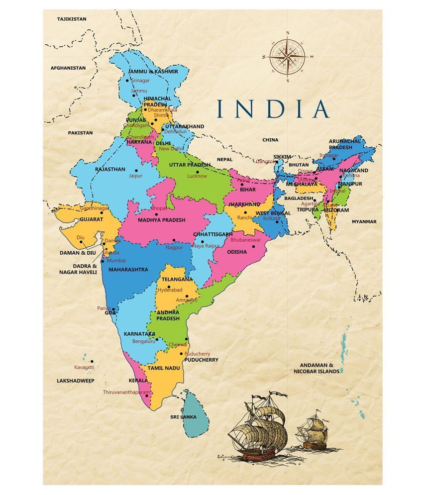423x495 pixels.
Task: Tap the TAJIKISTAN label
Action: pyautogui.click(x=72, y=19)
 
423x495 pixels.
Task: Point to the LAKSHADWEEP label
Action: pyautogui.click(x=75, y=380)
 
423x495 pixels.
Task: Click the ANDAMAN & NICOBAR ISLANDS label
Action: pyautogui.click(x=317, y=368)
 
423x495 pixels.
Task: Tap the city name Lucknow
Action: pyautogui.click(x=197, y=176)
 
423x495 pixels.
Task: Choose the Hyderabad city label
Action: pyautogui.click(x=170, y=290)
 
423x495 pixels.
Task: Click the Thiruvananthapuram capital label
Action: pyautogui.click(x=126, y=392)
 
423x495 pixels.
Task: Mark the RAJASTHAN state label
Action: pyautogui.click(x=110, y=169)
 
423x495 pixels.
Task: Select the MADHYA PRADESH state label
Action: pyautogui.click(x=161, y=220)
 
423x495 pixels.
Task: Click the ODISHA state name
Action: pyautogui.click(x=237, y=252)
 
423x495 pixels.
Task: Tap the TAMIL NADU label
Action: pyautogui.click(x=162, y=368)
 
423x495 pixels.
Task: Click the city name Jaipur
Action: pyautogui.click(x=135, y=176)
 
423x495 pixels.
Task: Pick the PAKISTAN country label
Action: pyautogui.click(x=81, y=133)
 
